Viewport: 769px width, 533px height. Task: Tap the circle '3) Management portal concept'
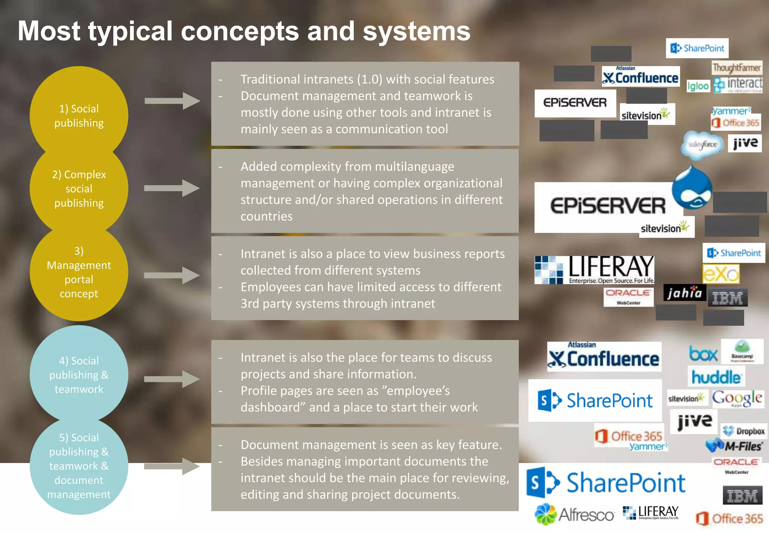point(79,272)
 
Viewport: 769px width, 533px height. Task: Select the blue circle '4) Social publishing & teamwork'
point(79,374)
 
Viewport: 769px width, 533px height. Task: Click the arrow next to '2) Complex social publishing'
point(172,188)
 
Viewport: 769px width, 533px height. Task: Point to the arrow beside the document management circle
point(172,466)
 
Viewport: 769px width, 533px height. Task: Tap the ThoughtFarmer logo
point(737,68)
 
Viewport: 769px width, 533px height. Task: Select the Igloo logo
point(698,86)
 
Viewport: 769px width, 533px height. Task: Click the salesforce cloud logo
point(702,145)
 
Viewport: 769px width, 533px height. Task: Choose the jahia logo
point(685,293)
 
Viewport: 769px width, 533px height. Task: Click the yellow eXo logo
point(721,274)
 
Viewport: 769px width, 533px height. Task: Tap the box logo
point(703,354)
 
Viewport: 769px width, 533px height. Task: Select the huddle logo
point(716,377)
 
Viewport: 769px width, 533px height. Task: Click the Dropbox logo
point(744,431)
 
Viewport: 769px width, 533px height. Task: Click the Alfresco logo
point(574,515)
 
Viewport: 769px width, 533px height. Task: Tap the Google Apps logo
point(737,398)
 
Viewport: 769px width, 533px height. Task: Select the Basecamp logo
point(742,351)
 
